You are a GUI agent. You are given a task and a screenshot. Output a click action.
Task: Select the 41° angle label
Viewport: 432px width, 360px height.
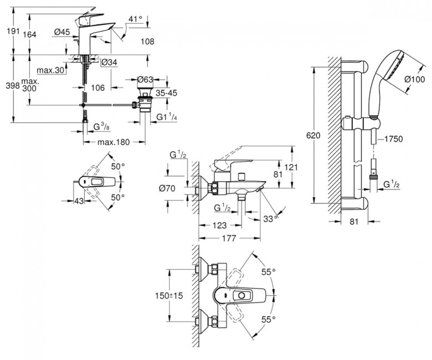coord(135,19)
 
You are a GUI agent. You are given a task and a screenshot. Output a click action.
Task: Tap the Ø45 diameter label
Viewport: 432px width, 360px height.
coord(61,33)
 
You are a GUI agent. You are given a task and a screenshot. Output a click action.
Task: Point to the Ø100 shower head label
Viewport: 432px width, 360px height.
coord(413,79)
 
